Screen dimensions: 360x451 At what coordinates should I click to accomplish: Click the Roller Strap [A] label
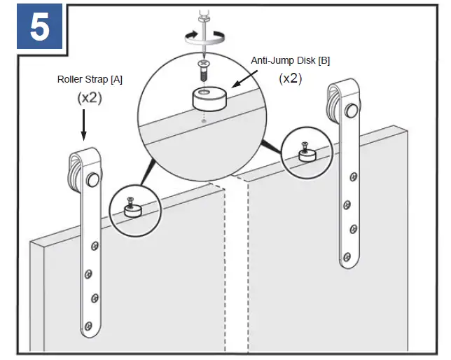point(90,79)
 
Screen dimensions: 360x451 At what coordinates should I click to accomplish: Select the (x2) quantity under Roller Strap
point(90,98)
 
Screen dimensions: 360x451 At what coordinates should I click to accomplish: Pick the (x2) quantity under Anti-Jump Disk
point(290,78)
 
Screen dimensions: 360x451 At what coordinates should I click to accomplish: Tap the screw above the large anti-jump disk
point(203,69)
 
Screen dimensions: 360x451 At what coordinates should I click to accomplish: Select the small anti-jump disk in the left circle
point(130,209)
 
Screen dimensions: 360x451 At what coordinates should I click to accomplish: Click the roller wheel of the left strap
point(92,180)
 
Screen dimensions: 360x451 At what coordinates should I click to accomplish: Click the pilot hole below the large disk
point(203,120)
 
